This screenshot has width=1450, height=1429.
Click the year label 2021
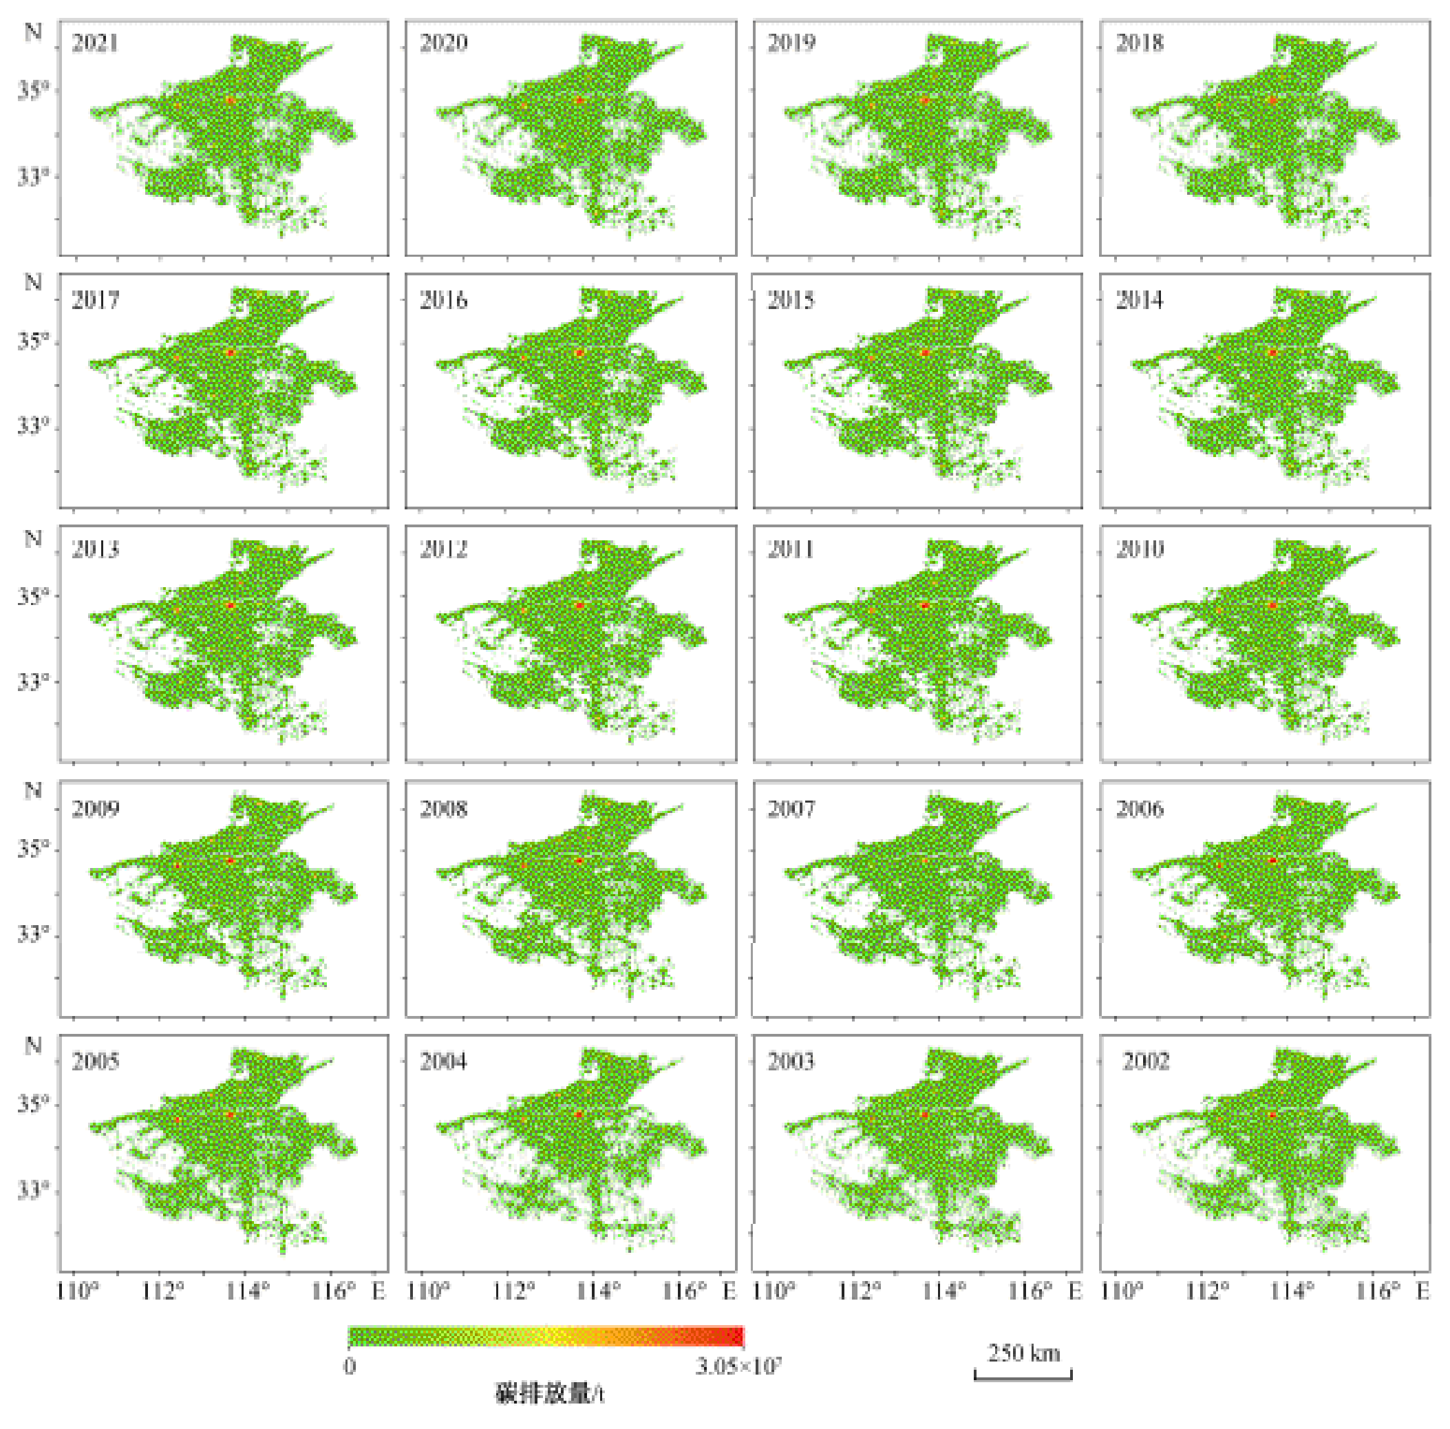[x=96, y=43]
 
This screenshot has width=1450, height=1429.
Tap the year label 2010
[x=1140, y=549]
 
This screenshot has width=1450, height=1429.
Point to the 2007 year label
[x=791, y=808]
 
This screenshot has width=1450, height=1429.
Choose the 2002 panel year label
[x=1145, y=1061]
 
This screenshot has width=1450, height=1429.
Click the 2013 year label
[x=96, y=549]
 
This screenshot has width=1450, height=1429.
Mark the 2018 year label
[x=1140, y=43]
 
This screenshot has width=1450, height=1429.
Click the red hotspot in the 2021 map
[x=231, y=100]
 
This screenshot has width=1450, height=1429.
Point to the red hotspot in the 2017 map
[x=231, y=352]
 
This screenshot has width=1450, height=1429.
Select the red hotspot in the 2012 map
[x=579, y=605]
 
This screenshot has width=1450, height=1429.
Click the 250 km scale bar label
[x=1024, y=1353]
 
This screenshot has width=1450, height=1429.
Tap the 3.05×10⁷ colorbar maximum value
[x=738, y=1366]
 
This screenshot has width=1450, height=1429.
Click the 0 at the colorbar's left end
[x=350, y=1366]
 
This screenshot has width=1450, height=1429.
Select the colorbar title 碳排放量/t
[x=549, y=1394]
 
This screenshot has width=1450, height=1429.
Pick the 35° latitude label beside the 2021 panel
[x=33, y=91]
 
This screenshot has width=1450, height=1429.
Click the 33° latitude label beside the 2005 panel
[x=33, y=1189]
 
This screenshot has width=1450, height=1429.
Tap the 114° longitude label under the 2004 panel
[x=598, y=1291]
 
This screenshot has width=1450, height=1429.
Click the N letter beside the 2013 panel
[x=33, y=539]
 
